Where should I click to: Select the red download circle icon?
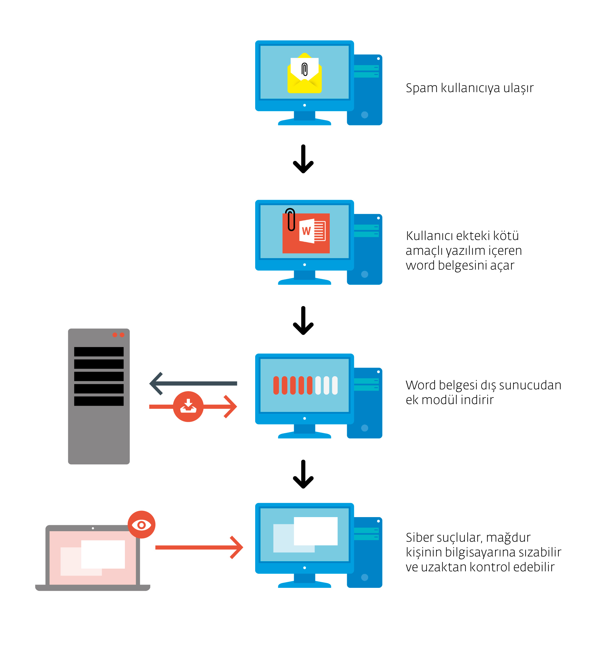click(188, 406)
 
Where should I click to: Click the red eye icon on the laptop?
click(141, 525)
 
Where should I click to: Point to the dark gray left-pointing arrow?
click(193, 383)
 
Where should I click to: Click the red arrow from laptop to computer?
click(199, 548)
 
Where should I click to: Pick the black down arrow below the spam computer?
click(303, 159)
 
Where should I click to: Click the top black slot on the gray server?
click(99, 352)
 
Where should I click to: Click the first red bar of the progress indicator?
click(276, 386)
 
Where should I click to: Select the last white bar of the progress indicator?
click(335, 386)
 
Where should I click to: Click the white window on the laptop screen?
click(103, 554)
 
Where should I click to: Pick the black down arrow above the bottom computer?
click(303, 474)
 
